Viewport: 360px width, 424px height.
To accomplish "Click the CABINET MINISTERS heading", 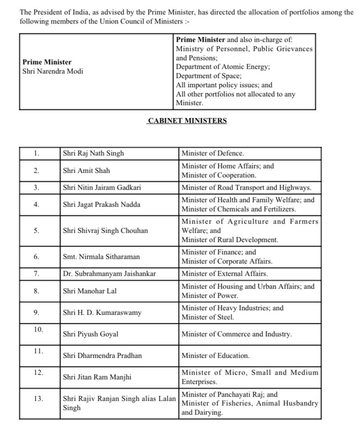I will [187, 121].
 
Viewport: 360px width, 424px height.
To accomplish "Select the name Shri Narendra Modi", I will [53, 71].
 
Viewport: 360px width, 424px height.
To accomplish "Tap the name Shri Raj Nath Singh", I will [93, 153].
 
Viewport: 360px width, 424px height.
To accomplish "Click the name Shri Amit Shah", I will [87, 171].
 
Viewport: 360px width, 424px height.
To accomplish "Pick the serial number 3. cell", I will [37, 188].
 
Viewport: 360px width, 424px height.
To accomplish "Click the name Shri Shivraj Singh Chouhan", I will [105, 231].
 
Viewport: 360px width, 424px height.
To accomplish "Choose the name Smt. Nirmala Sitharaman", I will [101, 257].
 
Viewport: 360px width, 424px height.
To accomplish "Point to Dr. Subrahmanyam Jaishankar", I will [109, 274].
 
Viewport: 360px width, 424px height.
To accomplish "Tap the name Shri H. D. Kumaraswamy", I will [102, 313].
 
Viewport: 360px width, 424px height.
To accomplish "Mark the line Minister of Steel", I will [207, 317].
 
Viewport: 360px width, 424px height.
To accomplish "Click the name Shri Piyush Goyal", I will [91, 334].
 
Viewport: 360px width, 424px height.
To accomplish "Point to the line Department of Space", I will [209, 76].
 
